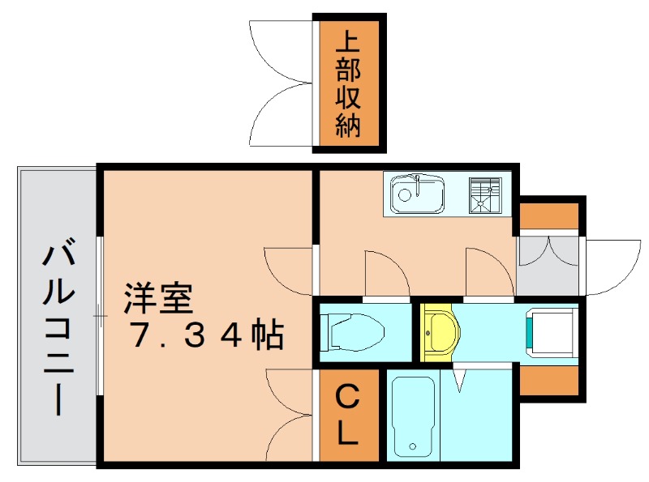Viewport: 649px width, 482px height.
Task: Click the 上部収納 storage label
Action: point(348,83)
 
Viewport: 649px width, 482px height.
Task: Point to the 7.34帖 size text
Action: point(207,334)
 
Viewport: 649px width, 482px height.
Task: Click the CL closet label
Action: point(346,416)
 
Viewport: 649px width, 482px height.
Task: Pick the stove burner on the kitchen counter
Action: point(485,194)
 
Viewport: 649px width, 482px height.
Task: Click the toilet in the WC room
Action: point(354,331)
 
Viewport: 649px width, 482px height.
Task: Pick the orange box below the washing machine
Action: point(548,381)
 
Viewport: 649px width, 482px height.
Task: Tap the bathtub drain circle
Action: point(413,446)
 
